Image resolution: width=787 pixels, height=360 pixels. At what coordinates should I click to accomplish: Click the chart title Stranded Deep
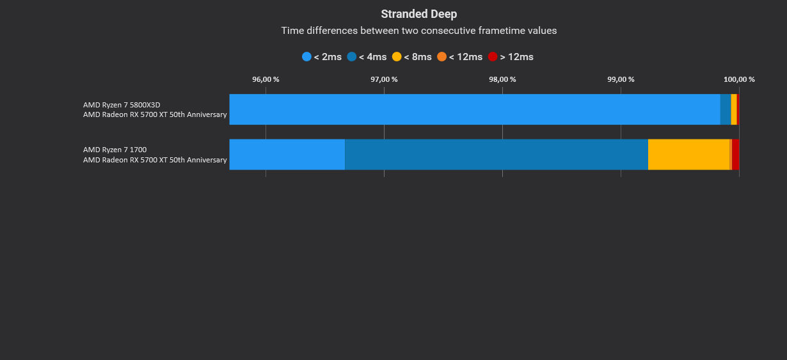[418, 14]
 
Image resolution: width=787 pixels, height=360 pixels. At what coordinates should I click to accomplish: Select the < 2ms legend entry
[322, 57]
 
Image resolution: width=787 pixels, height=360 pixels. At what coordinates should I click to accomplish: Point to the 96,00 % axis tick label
[266, 79]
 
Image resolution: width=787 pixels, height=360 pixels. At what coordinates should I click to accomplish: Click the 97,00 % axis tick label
[384, 79]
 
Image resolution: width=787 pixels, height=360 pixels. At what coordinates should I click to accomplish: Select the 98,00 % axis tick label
[502, 79]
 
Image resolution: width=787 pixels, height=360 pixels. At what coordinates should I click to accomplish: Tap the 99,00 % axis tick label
[621, 79]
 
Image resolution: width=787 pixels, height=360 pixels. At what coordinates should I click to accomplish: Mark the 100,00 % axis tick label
[739, 79]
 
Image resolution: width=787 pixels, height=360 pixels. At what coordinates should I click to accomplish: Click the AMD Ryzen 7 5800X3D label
[122, 105]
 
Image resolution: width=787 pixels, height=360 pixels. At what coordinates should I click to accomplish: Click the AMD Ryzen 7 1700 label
[115, 150]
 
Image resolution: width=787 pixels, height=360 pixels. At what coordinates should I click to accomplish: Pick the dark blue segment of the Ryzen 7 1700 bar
[497, 154]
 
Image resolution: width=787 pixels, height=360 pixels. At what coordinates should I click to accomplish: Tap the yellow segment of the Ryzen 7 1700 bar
[688, 154]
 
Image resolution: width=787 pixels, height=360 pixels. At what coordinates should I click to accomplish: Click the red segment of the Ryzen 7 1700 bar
[736, 154]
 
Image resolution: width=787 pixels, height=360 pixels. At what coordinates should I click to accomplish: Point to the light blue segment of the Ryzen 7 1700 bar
[287, 154]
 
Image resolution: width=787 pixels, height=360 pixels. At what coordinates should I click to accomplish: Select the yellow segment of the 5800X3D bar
[734, 109]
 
